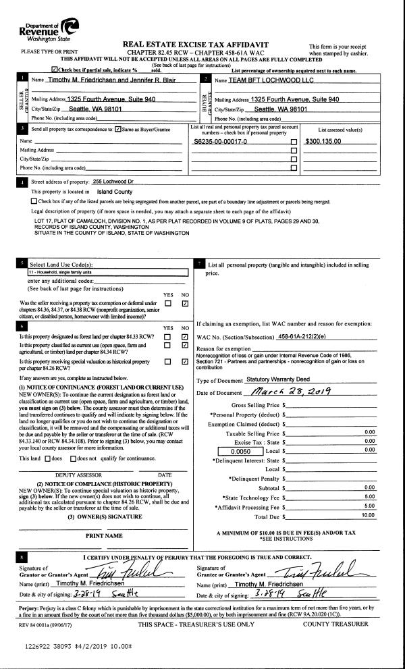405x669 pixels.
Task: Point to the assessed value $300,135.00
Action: pyautogui.click(x=323, y=142)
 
